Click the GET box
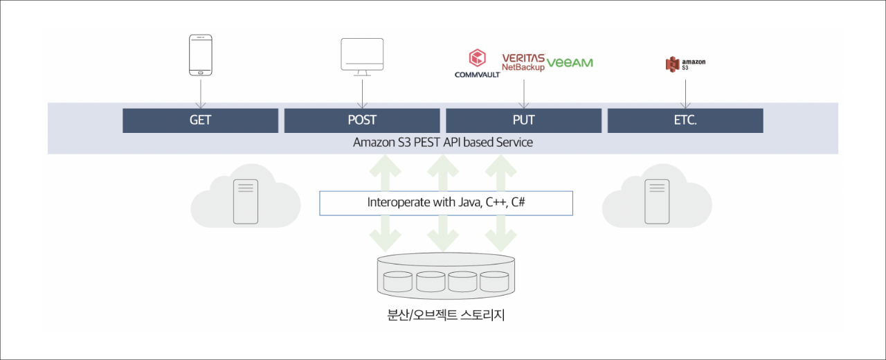(200, 120)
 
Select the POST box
(362, 120)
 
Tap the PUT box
(524, 120)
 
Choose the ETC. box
(685, 120)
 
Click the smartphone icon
(201, 55)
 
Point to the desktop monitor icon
(362, 57)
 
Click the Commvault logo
(478, 63)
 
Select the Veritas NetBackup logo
(523, 62)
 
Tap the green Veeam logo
(570, 62)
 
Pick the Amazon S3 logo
(685, 64)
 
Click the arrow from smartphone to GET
(201, 94)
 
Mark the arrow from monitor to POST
(362, 94)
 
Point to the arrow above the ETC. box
(685, 94)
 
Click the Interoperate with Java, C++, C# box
(446, 203)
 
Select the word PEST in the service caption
(426, 143)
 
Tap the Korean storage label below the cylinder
(446, 315)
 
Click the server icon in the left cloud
(246, 201)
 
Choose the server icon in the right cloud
(657, 201)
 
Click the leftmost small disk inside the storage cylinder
(398, 282)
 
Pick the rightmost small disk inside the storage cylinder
(494, 282)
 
